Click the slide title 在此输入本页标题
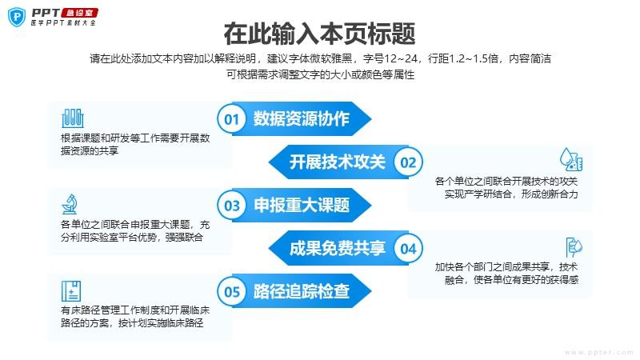319,34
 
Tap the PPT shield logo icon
16,16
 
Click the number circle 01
232,119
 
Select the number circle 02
408,162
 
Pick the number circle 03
232,206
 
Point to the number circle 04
408,249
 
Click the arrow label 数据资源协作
302,119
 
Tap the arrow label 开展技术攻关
337,162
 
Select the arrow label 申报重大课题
302,206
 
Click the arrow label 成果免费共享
337,249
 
